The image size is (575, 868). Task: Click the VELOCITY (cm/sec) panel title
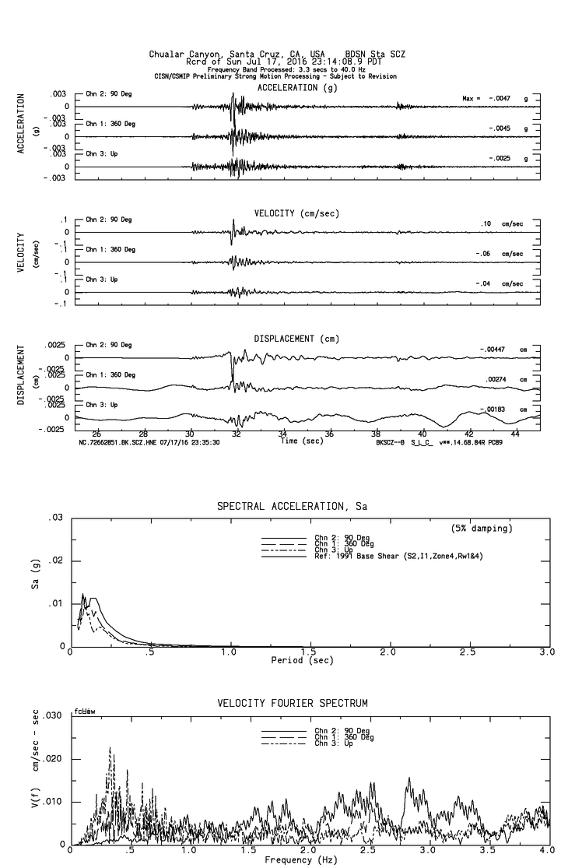point(296,213)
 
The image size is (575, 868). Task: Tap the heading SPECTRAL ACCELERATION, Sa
point(292,507)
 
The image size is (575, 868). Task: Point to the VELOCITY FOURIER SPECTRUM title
point(293,704)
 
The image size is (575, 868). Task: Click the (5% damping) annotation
point(482,529)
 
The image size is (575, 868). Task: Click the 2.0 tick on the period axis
point(388,652)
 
